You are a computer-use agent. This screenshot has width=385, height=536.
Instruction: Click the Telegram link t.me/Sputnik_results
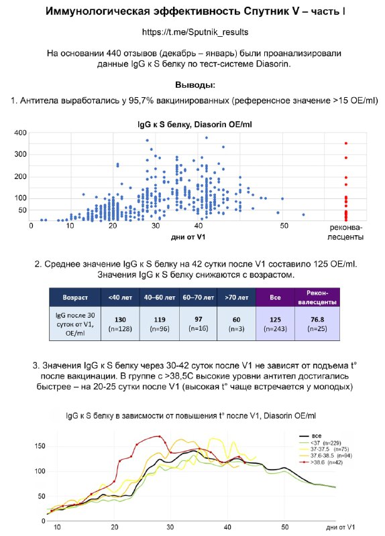click(195, 32)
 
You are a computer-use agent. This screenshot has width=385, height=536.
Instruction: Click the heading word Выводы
click(195, 85)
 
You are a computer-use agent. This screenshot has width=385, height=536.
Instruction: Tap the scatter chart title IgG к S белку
click(165, 125)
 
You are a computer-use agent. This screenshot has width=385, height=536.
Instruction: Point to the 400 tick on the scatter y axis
click(20, 133)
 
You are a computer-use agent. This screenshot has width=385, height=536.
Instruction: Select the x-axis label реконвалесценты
click(345, 232)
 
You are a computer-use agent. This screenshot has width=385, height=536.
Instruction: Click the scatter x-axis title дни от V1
click(188, 237)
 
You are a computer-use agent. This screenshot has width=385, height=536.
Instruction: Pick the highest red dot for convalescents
click(346, 143)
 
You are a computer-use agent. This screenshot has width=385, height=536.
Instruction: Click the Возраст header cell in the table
click(75, 297)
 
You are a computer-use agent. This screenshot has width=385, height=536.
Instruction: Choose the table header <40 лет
click(120, 297)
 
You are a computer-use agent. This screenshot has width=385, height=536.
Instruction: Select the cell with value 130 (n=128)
click(120, 324)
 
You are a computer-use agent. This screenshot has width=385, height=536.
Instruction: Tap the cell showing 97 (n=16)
click(198, 324)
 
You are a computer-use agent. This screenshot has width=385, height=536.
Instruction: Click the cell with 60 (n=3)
click(236, 324)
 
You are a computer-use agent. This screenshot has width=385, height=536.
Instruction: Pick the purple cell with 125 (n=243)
click(275, 324)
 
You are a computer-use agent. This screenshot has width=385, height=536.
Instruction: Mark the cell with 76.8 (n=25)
click(317, 324)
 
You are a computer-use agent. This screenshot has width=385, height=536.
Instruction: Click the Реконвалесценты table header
click(317, 297)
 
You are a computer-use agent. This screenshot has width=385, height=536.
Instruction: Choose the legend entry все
click(311, 436)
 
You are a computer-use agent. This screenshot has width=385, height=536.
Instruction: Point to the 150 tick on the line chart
click(40, 446)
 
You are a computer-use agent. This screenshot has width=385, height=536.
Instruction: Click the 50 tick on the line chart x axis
click(285, 527)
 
